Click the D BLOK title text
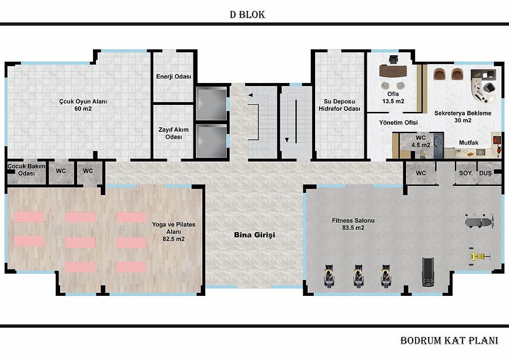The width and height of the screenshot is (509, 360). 248,14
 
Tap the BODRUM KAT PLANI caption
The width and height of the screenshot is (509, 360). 449,341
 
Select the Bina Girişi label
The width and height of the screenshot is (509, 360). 254,235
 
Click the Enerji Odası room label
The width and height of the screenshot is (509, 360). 173,77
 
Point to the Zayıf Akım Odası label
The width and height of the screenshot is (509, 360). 173,133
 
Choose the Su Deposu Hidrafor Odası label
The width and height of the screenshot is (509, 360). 339,105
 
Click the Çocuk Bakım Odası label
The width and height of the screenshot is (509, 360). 26,170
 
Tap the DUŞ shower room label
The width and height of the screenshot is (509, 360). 485,174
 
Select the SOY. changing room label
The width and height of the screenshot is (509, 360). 466,174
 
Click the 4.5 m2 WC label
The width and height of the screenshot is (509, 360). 421,142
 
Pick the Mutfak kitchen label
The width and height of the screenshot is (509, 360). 468,143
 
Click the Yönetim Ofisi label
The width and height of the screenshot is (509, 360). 398,122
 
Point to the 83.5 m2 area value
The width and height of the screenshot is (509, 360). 353,228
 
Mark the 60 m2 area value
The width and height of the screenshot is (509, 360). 83,109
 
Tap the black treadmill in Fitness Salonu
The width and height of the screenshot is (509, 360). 428,272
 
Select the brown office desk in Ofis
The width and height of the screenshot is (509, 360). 393,71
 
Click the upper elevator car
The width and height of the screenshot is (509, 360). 211,103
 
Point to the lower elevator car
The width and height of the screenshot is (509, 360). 211,141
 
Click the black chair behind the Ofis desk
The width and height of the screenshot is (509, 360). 394,59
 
